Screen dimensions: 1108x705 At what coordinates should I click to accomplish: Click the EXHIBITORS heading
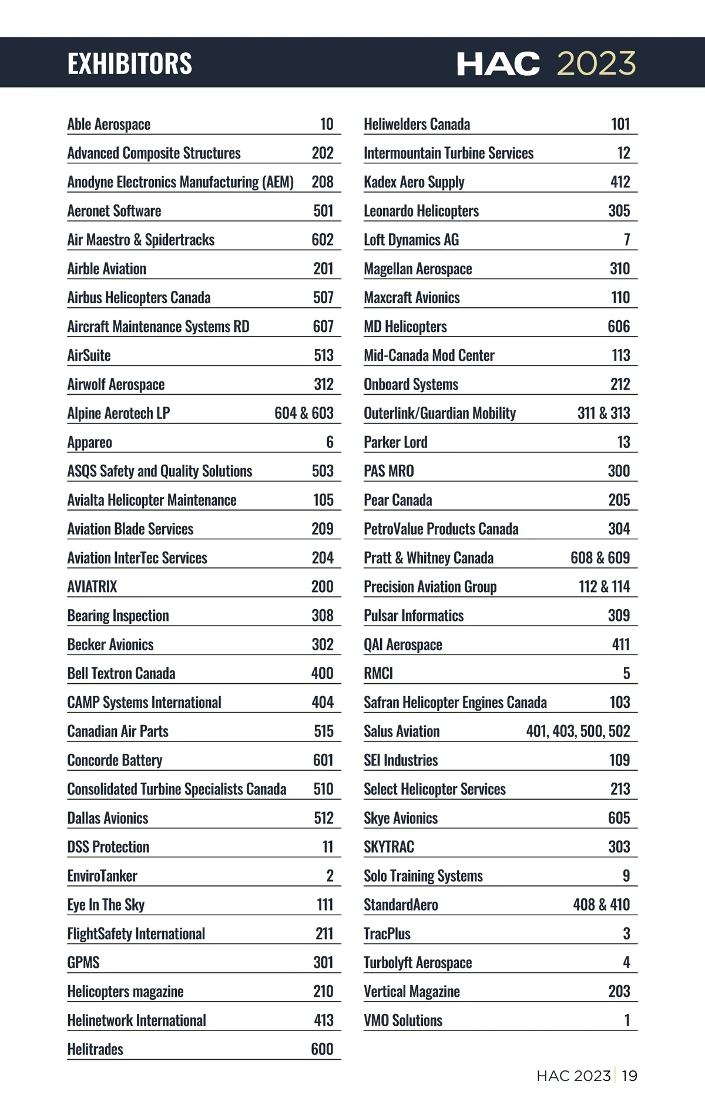[x=130, y=63]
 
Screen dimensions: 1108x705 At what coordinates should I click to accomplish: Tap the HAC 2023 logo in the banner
[x=546, y=63]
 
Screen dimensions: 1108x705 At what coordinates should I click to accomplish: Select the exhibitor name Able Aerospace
[x=109, y=125]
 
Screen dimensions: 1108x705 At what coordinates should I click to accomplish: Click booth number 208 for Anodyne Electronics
[x=323, y=182]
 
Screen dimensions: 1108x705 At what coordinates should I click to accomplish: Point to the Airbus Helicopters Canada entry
[x=139, y=298]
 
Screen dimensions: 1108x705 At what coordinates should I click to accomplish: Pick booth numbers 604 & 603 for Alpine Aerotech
[x=304, y=413]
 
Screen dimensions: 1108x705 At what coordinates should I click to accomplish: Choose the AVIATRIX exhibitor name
[x=92, y=587]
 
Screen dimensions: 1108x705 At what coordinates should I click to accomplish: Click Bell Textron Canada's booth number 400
[x=322, y=673]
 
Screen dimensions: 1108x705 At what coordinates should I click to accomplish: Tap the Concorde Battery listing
[x=115, y=760]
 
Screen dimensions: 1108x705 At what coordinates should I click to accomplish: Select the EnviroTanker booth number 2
[x=330, y=876]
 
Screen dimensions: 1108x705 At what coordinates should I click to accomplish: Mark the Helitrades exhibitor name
[x=95, y=1049]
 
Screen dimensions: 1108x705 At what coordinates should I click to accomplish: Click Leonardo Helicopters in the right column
[x=421, y=211]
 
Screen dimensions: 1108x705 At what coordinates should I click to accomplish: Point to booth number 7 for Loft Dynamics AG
[x=627, y=240]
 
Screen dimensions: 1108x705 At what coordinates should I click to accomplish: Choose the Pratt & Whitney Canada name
[x=428, y=558]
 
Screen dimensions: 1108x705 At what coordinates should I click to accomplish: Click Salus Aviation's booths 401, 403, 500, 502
[x=578, y=731]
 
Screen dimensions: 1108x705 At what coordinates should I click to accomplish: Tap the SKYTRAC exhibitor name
[x=389, y=847]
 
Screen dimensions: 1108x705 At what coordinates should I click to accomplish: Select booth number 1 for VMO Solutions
[x=627, y=1020]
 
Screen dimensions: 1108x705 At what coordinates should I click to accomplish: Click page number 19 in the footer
[x=629, y=1076]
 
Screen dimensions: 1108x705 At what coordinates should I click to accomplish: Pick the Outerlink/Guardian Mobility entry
[x=439, y=414]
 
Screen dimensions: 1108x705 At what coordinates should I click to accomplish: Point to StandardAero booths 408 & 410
[x=601, y=905]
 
